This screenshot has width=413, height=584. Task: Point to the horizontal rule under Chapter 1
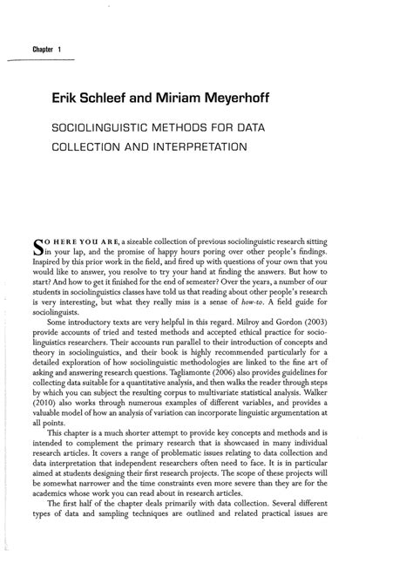click(41, 58)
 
